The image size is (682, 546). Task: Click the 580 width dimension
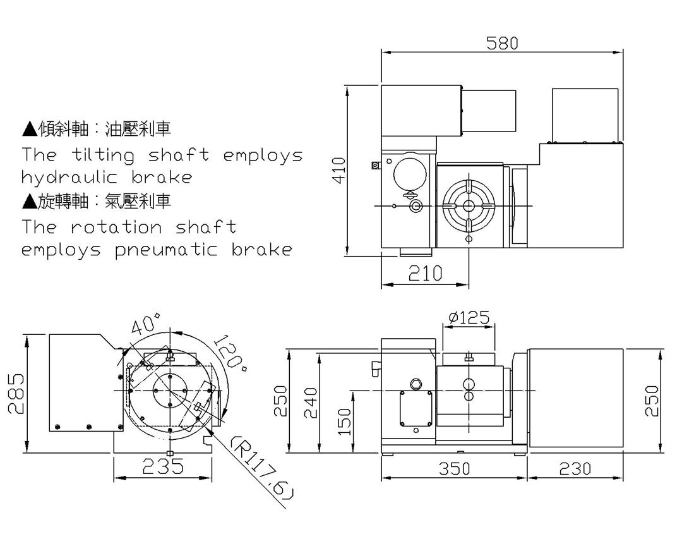coord(502,43)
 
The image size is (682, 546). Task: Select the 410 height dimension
coord(339,170)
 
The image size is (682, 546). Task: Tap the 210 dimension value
coord(425,273)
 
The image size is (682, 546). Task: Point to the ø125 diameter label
coord(468,317)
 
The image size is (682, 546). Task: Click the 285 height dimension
coord(16,392)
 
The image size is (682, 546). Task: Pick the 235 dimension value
coord(162,466)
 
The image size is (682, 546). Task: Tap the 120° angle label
coord(230,356)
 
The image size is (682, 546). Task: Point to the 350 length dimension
coord(454,468)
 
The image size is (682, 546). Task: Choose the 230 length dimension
coord(575,468)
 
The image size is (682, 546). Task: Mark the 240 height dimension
coord(311,403)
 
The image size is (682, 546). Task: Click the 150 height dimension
coord(344,422)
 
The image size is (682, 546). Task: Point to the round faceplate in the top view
coord(468,206)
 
